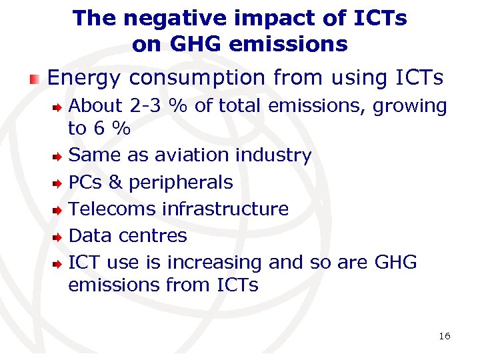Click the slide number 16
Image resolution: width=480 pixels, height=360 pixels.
pos(444,336)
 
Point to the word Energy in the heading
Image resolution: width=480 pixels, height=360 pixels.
pos(84,79)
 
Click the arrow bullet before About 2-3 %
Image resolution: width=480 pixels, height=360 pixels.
pos(59,107)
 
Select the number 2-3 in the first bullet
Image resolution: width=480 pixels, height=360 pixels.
pos(147,105)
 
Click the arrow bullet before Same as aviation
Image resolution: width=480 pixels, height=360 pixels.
pos(59,156)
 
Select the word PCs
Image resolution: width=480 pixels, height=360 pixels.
pos(84,182)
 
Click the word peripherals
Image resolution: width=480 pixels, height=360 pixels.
pos(181,183)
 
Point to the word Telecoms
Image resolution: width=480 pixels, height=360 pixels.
pos(113,209)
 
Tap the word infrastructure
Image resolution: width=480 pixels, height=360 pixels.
pos(225,209)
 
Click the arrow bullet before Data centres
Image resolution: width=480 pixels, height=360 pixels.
pos(59,236)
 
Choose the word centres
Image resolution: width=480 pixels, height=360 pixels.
pos(153,235)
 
